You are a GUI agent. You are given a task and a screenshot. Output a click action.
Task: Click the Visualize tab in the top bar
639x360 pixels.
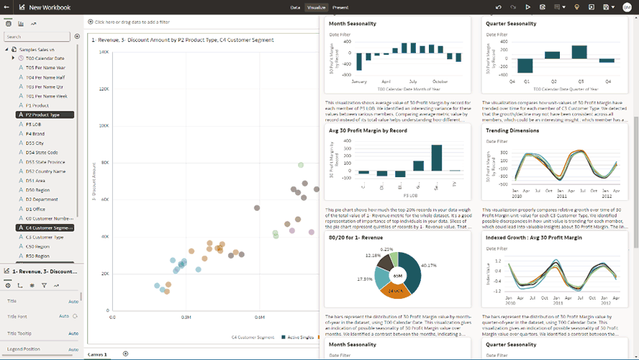point(317,7)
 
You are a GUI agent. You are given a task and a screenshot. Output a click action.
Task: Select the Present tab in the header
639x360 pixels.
point(340,7)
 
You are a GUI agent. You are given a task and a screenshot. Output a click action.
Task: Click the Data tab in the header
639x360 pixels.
point(295,7)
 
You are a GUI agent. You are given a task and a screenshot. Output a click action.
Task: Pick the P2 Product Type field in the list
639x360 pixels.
point(43,114)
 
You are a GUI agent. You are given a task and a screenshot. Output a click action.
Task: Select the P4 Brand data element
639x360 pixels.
point(35,133)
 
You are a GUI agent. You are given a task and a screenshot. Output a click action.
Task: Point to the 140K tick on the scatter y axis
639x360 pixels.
point(104,52)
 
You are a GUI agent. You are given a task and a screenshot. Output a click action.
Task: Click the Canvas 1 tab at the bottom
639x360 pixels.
point(97,354)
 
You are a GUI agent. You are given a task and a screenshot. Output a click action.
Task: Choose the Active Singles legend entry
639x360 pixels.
point(301,337)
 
